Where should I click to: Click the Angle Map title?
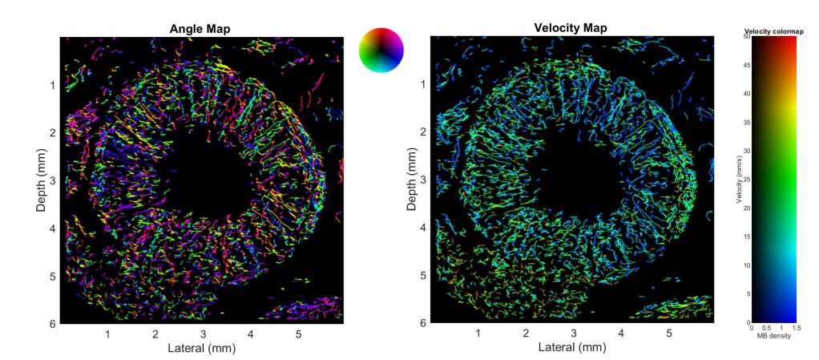(200, 29)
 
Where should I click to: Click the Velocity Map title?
(570, 28)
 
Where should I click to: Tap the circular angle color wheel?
(381, 49)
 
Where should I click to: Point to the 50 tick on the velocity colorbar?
(745, 36)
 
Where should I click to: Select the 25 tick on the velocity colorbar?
(745, 179)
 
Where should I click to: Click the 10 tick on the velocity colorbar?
(745, 265)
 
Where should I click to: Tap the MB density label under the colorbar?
(773, 336)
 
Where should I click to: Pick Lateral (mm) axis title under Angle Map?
(200, 349)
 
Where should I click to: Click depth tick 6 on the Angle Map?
(52, 323)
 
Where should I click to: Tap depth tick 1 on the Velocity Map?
(422, 85)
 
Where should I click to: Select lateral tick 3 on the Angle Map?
(203, 334)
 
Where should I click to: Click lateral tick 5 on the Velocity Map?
(668, 334)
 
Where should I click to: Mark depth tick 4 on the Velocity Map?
(422, 228)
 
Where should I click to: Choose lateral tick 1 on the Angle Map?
(107, 334)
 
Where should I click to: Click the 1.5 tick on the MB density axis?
(795, 328)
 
